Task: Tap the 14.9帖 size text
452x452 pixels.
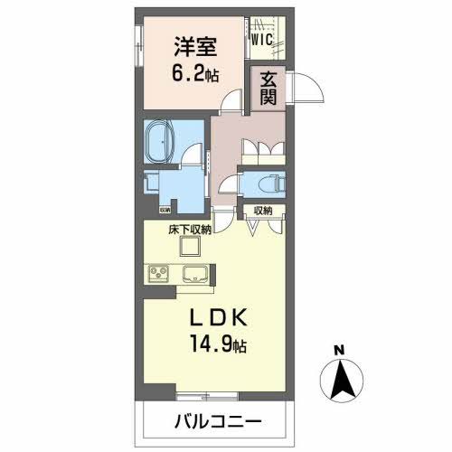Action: coord(220,345)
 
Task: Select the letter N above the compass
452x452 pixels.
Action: coord(337,351)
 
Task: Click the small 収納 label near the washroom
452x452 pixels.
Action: coord(165,211)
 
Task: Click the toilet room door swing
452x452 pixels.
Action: coord(230,186)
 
